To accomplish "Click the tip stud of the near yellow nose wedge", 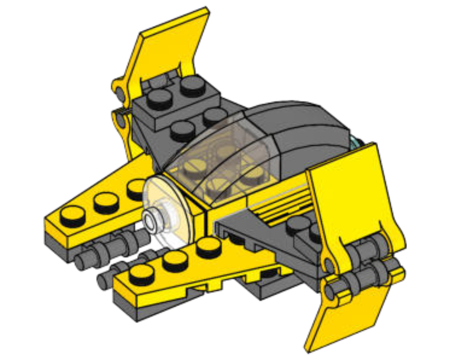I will [141, 273].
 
